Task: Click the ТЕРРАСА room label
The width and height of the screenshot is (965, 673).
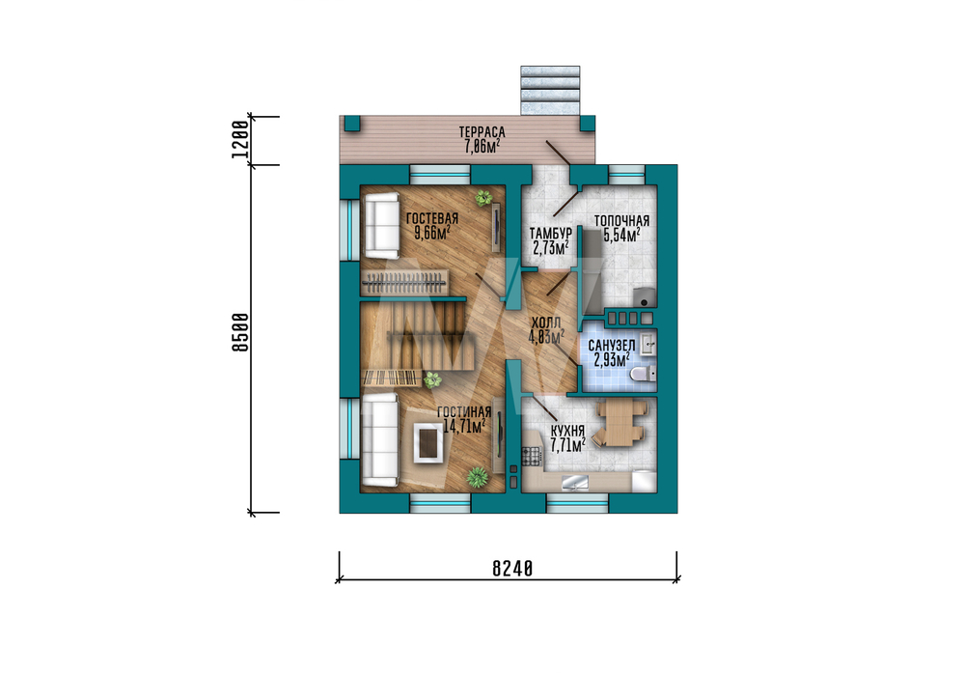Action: tap(482, 132)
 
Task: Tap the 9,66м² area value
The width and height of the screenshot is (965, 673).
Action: tap(432, 233)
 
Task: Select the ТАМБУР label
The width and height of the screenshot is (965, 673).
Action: tap(551, 234)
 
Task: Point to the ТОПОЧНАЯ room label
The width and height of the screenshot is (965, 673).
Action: tap(621, 221)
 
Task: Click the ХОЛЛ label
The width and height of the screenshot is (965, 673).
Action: tap(546, 323)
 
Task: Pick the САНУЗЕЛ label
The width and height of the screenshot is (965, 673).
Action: tap(612, 346)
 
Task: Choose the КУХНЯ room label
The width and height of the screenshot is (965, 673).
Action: tap(567, 431)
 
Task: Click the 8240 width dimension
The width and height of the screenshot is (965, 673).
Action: tap(512, 569)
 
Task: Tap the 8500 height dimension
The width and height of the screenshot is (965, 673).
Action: tap(240, 332)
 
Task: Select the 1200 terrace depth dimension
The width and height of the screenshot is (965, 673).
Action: tap(240, 139)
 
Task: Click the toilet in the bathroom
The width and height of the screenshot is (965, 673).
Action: tap(643, 373)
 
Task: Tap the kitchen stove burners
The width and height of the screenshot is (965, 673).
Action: tap(531, 457)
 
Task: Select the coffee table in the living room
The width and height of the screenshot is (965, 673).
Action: tap(429, 441)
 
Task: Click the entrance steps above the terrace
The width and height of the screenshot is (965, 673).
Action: tap(550, 91)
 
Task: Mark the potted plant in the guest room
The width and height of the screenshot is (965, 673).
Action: tap(483, 198)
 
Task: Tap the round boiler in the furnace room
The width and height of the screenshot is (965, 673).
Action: tap(645, 297)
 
